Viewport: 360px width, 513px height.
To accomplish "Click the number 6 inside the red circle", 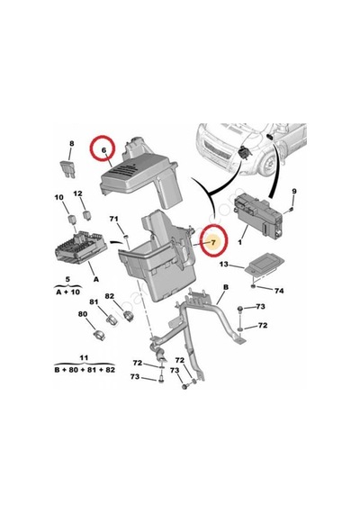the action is click(103, 150).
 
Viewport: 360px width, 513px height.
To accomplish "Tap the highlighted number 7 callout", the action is click(213, 242).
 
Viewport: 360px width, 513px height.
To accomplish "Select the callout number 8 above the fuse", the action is click(72, 143).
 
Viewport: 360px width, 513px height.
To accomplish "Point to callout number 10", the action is click(58, 197).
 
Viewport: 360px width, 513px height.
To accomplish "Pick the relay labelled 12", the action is click(86, 214).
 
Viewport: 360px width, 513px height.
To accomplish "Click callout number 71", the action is click(114, 219).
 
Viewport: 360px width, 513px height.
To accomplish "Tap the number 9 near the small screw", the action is click(294, 191).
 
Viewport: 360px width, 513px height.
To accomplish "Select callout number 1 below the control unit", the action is click(240, 242).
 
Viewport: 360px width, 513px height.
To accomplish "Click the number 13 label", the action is click(224, 264).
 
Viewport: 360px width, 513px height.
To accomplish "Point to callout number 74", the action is click(279, 291).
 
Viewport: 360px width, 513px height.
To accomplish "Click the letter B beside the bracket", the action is click(226, 287).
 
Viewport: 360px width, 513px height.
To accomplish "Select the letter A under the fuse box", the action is click(96, 279).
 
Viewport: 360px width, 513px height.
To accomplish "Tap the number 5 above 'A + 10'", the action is click(67, 279).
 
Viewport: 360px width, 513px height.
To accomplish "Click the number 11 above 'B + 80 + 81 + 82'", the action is click(84, 357).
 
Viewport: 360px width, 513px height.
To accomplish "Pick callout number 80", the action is click(83, 314).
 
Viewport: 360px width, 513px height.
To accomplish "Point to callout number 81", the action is click(94, 301).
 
